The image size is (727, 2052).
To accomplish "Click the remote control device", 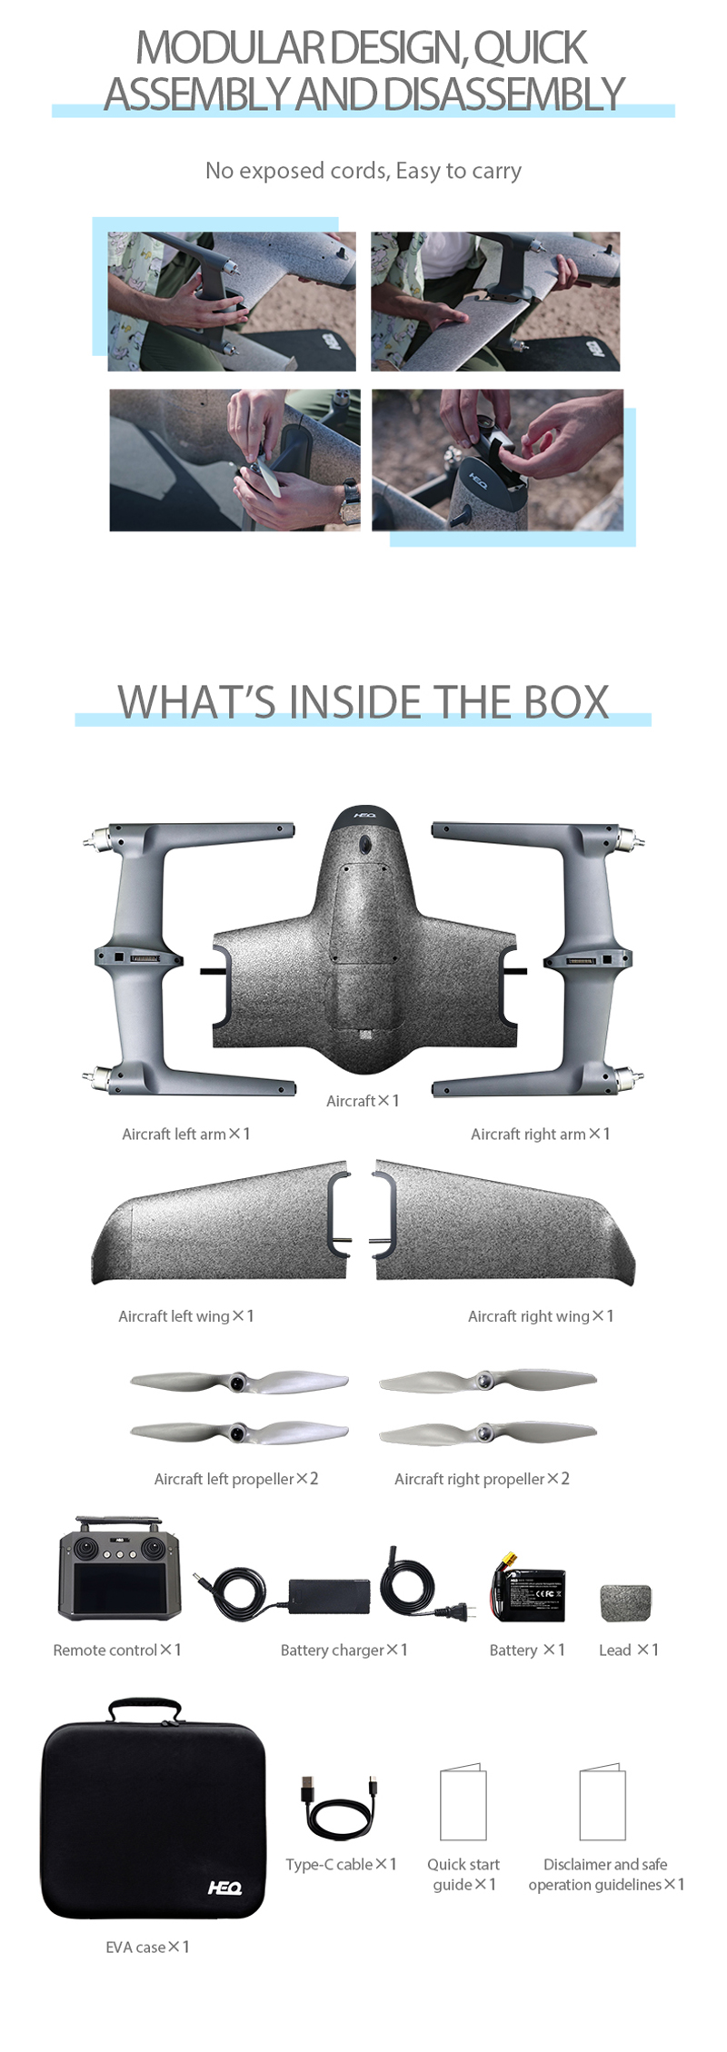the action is (x=119, y=1569).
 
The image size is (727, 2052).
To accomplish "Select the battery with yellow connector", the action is (x=528, y=1589).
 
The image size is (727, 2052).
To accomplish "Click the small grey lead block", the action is (x=626, y=1603).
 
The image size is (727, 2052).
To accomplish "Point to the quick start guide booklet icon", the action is (x=463, y=1802).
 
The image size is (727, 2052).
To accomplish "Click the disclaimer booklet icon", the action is (x=603, y=1802).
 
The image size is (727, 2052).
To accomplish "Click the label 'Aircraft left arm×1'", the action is (x=186, y=1134).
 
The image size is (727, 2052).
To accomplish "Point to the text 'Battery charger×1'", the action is (x=344, y=1650).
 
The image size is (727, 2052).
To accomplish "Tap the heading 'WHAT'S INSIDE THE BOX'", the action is (x=363, y=702).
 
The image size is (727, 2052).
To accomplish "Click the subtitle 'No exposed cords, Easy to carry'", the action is (x=363, y=171).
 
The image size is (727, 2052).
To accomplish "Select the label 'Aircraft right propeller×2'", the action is (x=482, y=1479).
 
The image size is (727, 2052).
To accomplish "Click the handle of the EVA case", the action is (x=144, y=1710).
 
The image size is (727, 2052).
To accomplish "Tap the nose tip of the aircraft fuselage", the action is (x=364, y=807).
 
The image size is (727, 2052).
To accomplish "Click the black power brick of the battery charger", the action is (x=329, y=1596).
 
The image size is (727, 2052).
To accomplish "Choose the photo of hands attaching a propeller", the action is (x=234, y=460).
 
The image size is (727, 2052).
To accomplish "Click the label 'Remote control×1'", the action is (x=117, y=1650).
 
